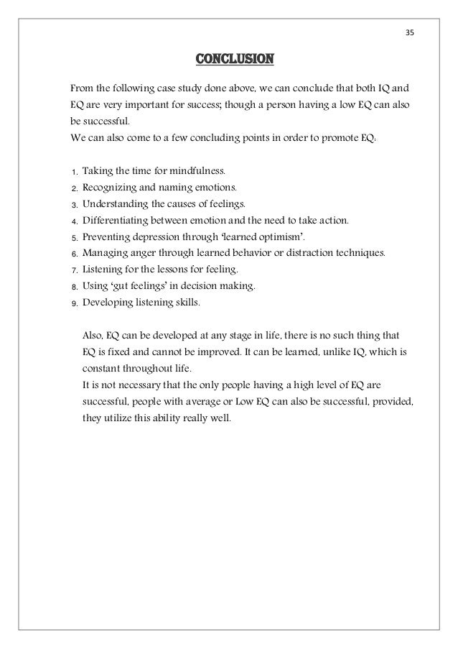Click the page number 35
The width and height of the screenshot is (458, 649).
click(410, 33)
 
